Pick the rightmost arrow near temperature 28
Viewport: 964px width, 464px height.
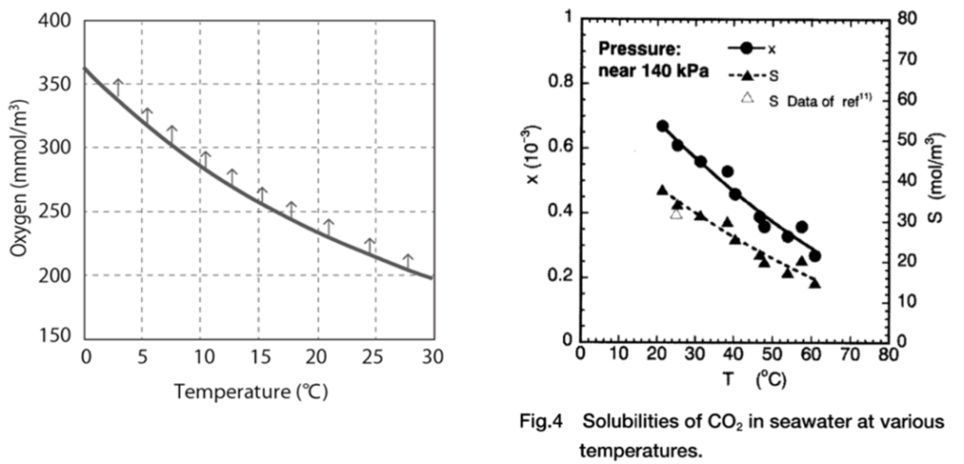pos(408,261)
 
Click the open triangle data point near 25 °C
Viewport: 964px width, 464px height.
pos(676,214)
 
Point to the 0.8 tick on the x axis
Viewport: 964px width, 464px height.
pos(558,83)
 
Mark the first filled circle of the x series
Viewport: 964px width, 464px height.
pos(663,126)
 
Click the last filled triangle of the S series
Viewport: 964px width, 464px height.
pos(815,282)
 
